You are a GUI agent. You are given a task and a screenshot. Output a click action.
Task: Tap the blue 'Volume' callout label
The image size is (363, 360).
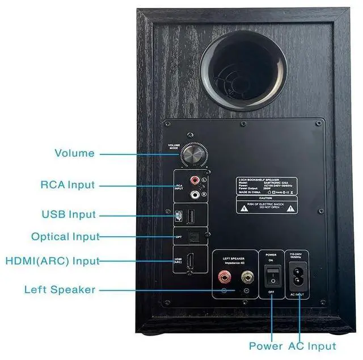pos(74,153)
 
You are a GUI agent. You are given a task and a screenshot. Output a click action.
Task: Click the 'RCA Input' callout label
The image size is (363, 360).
pos(67,185)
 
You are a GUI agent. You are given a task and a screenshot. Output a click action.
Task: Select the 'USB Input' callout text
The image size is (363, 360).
pos(69,215)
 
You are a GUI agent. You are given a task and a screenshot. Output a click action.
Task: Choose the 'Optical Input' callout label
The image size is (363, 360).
pos(65,237)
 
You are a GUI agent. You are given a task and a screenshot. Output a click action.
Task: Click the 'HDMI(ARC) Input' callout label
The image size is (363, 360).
pos(52,261)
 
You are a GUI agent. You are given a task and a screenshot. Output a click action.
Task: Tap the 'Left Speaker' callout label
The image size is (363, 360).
pos(60,290)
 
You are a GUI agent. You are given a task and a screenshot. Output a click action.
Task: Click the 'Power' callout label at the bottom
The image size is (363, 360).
pos(265,346)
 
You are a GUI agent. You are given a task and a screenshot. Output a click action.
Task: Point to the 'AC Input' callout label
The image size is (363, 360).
pos(312,346)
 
